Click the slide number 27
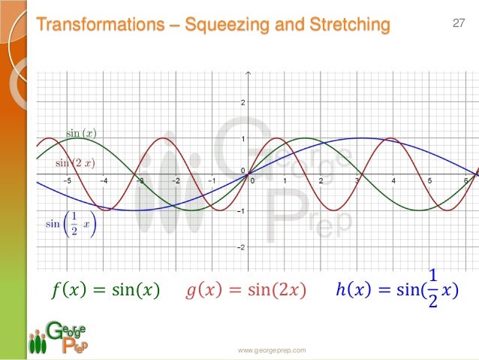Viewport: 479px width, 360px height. click(459, 24)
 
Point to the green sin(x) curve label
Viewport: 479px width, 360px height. click(81, 133)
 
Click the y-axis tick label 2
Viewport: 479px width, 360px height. click(241, 103)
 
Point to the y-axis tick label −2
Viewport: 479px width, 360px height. click(239, 246)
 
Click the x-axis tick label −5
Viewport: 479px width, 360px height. click(67, 180)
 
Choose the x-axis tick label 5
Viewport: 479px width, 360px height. click(429, 180)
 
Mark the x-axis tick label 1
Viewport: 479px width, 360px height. click(285, 180)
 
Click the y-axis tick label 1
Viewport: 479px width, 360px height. click(241, 139)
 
